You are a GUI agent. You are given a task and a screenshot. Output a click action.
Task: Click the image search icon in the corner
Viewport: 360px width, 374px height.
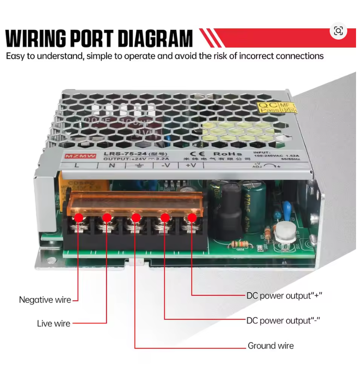point(338,31)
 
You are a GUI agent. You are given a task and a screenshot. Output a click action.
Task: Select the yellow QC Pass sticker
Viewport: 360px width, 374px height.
point(277,107)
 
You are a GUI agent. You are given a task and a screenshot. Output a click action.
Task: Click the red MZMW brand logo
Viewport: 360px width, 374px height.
point(75,156)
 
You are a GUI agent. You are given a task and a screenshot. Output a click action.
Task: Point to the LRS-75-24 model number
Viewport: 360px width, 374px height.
point(120,153)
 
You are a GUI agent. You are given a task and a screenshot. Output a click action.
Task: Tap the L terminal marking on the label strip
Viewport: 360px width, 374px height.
point(77,165)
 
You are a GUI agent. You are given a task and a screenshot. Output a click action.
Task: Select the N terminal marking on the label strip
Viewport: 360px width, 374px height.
point(111,165)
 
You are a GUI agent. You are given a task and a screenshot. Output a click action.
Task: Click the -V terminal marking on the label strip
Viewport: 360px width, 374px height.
point(165,165)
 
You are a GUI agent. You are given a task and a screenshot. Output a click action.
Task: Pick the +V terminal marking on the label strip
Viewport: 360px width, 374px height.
point(190,165)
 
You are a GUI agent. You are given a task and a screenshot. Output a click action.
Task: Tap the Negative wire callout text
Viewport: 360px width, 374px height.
point(45,300)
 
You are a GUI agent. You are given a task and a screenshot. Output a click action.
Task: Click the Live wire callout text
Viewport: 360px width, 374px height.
point(54,324)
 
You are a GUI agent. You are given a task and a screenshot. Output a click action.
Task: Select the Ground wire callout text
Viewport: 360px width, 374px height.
point(271,346)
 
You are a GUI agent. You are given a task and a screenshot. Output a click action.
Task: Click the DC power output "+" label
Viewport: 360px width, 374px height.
point(284,296)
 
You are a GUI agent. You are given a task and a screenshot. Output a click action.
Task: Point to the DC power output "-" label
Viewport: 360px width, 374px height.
point(283,320)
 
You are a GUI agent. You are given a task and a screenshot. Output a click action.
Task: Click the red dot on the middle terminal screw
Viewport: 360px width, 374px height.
point(136,218)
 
